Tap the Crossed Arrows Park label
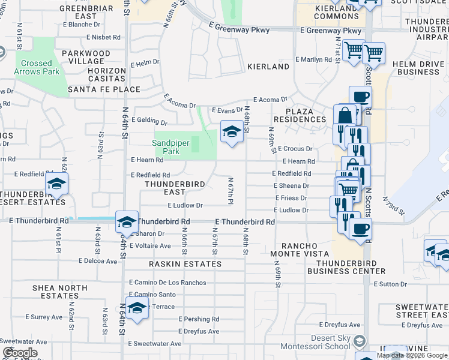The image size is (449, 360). coord(37,67)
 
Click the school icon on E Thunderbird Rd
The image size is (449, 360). coord(127,223)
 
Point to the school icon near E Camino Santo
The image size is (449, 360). coord(137,308)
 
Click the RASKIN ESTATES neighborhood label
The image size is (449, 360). coord(185,264)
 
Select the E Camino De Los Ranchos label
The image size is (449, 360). coord(167,283)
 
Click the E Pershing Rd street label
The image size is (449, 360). coord(199,319)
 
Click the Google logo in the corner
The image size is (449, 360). coord(20,353)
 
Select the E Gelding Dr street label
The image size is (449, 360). coord(148,120)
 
